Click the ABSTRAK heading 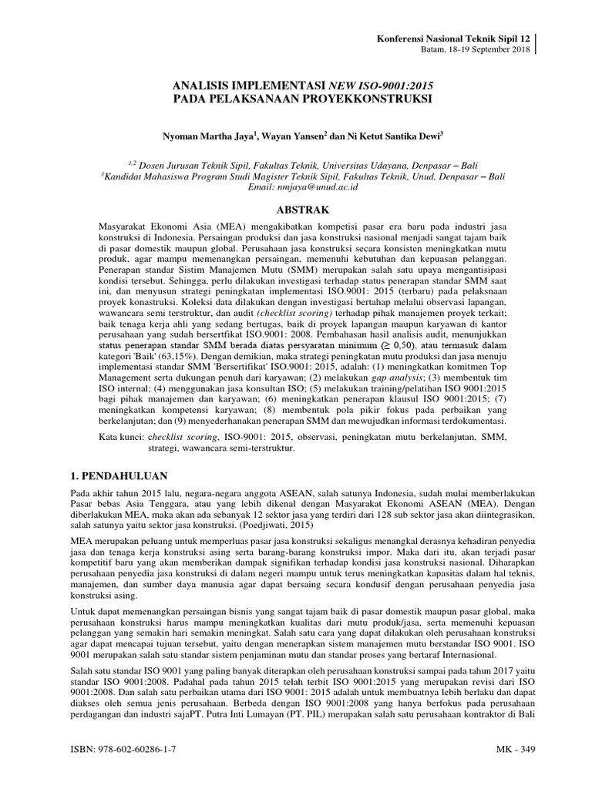pyautogui.click(x=297, y=210)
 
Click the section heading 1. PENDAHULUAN pyautogui.click(x=120, y=475)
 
